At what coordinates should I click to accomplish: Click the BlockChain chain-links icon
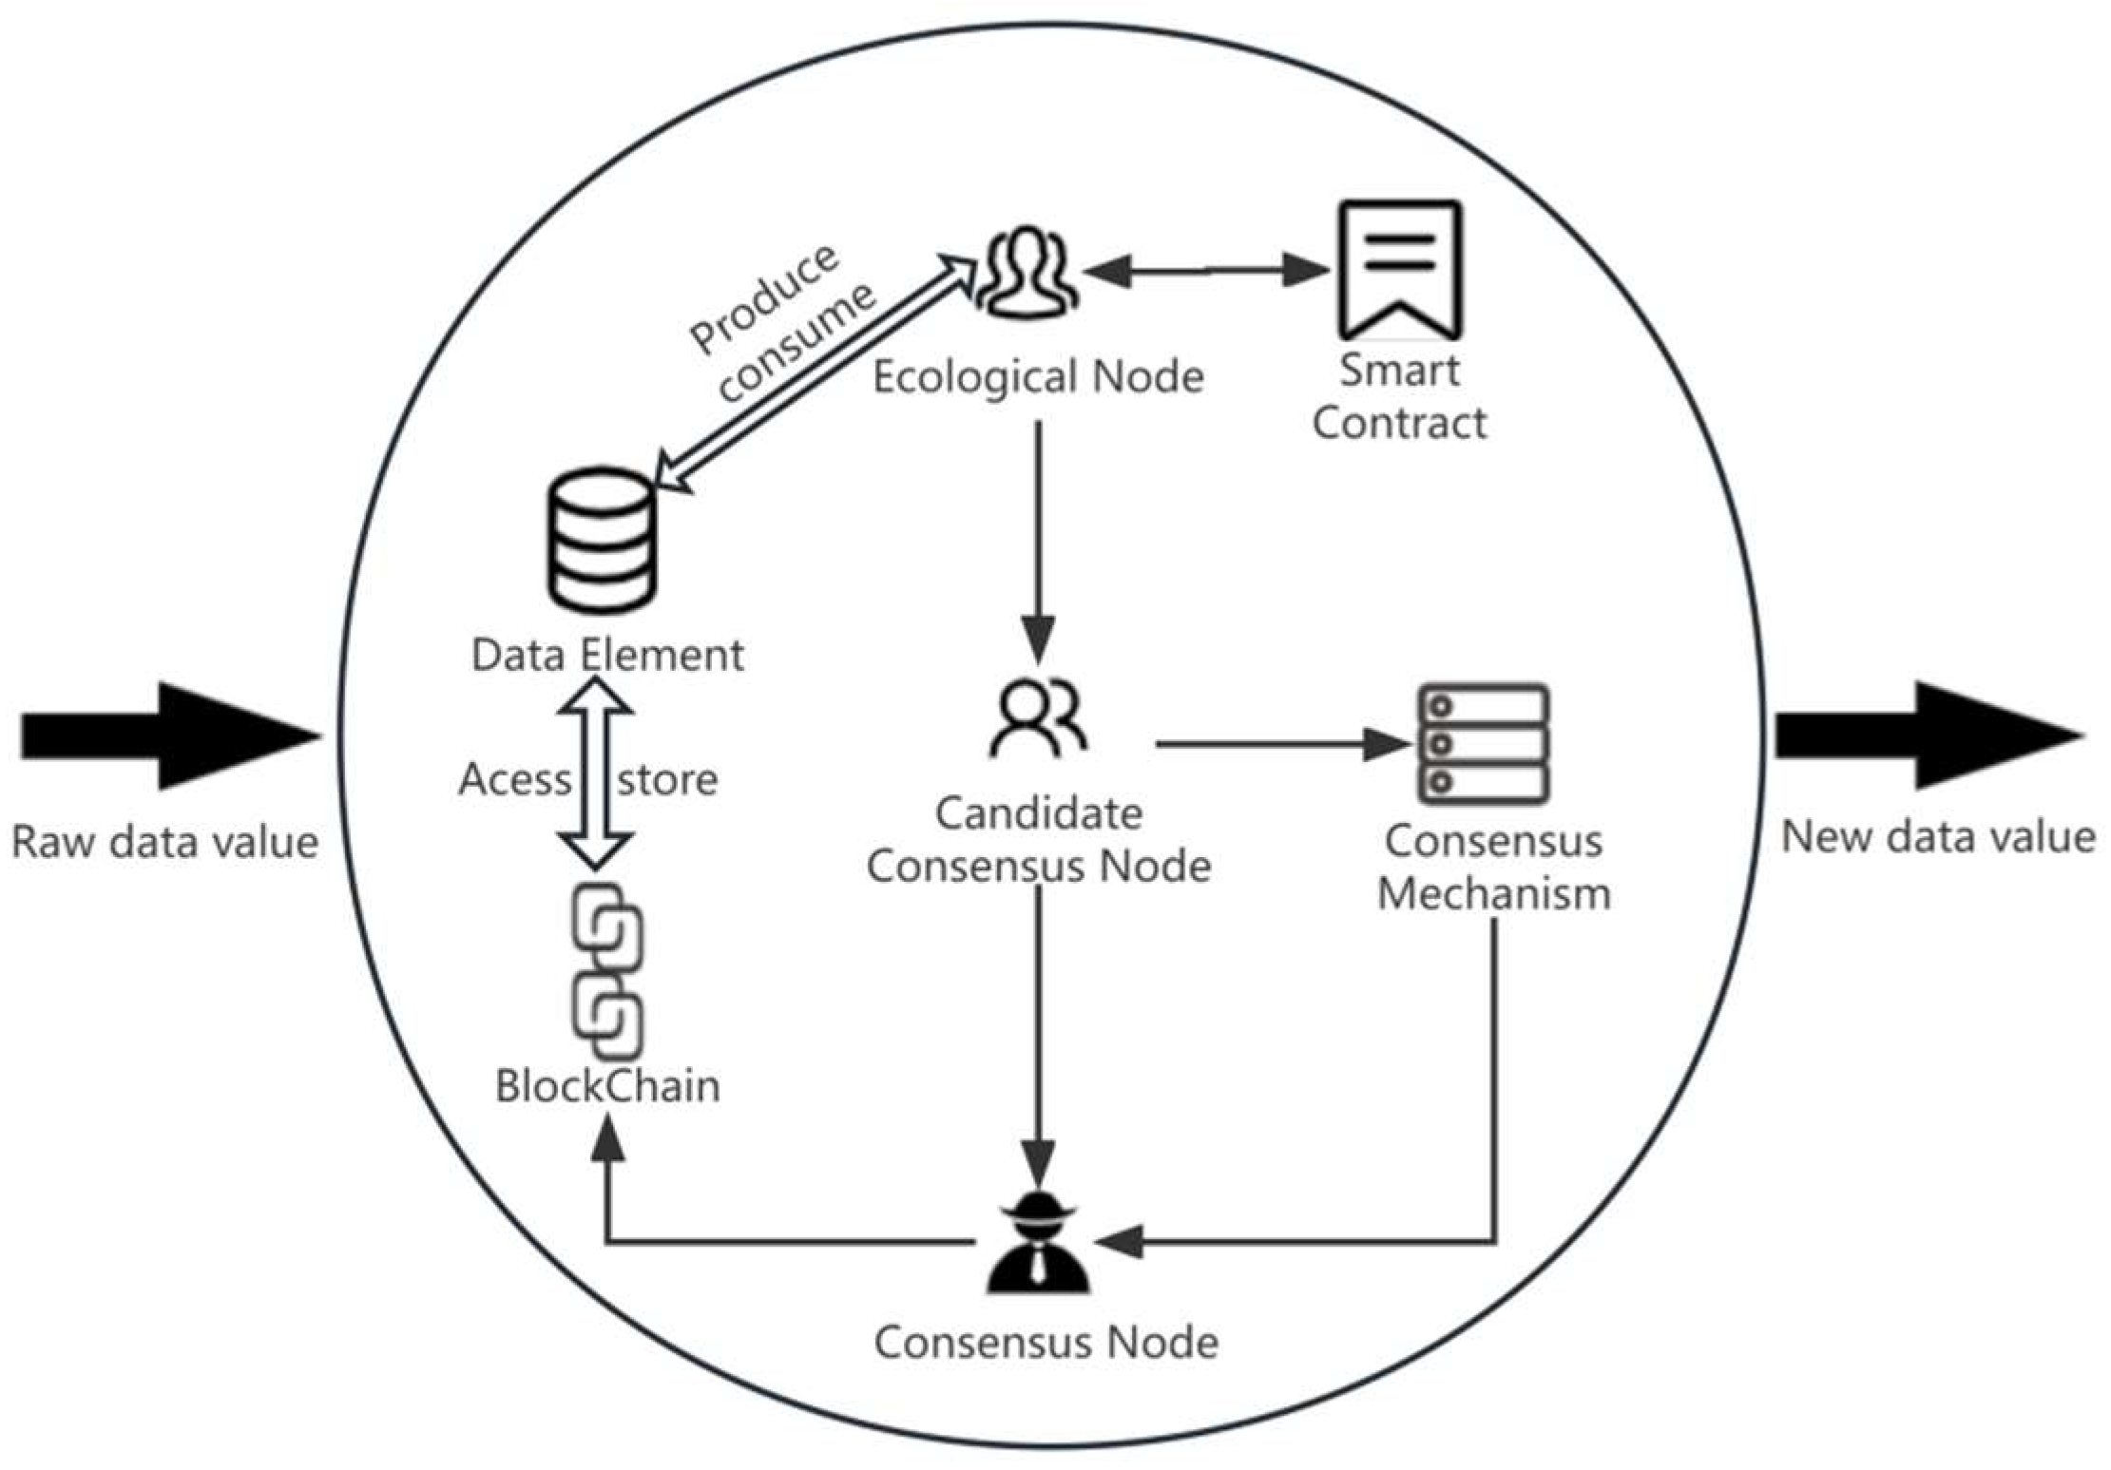click(x=607, y=970)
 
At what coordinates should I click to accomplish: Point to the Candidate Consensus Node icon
click(x=1038, y=717)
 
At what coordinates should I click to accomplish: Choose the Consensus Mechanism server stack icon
click(x=1484, y=743)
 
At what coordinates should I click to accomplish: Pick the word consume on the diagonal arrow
click(x=796, y=341)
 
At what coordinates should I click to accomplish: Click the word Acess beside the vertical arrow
click(x=514, y=779)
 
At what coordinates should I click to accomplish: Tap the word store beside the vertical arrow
click(x=667, y=779)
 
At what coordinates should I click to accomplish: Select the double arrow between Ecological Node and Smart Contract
click(x=1205, y=270)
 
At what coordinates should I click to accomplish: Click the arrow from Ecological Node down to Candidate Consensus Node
click(x=1038, y=542)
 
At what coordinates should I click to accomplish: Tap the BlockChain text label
click(x=607, y=1085)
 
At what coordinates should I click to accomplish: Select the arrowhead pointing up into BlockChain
click(x=607, y=1140)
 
